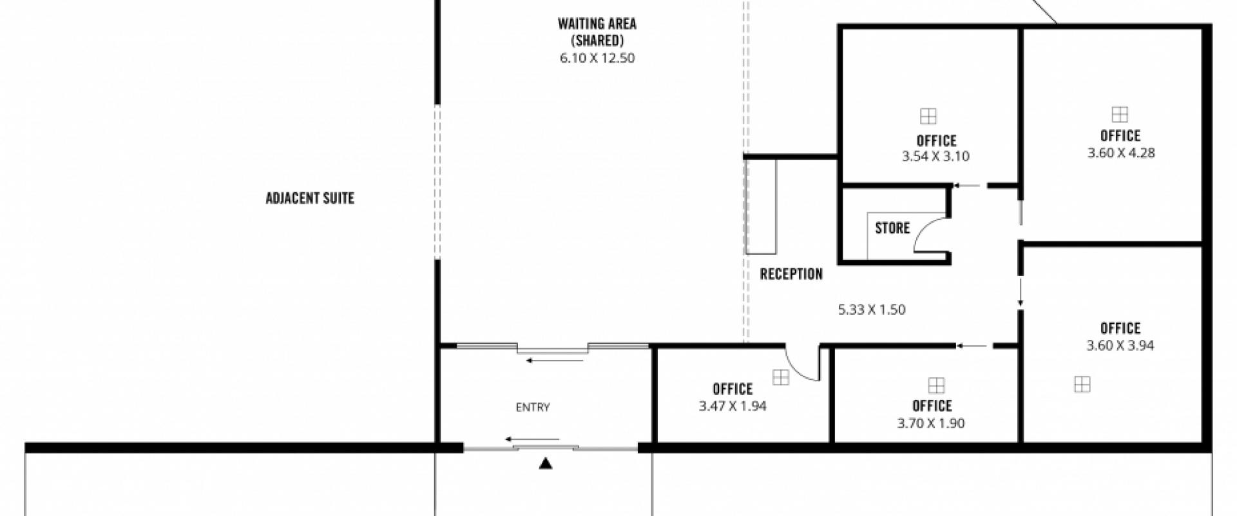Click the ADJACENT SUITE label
[310, 198]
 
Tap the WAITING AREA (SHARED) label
[597, 32]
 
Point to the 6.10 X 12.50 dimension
[597, 58]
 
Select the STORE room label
[892, 228]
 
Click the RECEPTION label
[791, 274]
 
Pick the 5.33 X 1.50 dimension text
[872, 310]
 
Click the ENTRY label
[533, 407]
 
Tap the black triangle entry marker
[546, 462]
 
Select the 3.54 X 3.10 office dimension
[935, 156]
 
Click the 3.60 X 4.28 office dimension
[1121, 153]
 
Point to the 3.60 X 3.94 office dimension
[1120, 346]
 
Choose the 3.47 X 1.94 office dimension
[733, 406]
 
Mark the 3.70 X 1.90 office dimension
[931, 424]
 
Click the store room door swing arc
[922, 230]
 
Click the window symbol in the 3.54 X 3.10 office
[928, 116]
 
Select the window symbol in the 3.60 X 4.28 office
[1120, 114]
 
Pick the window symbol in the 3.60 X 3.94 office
[1082, 384]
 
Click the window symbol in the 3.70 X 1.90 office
[936, 386]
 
